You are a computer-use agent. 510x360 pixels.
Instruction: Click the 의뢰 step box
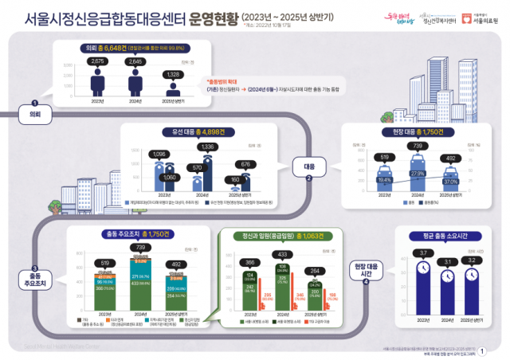click(35, 115)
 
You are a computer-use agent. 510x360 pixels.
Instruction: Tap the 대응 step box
click(309, 168)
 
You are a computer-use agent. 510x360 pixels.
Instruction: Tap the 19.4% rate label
click(384, 181)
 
